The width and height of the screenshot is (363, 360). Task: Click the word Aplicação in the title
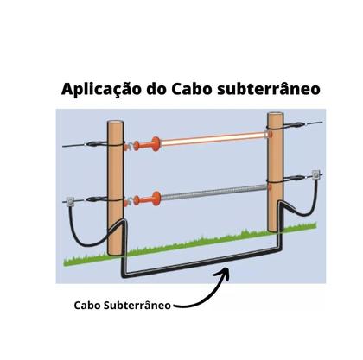[102, 89]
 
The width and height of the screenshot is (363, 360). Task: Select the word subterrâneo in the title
[269, 89]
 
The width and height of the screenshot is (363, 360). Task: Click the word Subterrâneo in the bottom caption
[137, 305]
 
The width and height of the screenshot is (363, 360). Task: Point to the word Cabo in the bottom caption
[87, 306]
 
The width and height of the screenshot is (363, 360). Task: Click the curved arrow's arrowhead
[223, 273]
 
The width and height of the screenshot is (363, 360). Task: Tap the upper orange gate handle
[148, 143]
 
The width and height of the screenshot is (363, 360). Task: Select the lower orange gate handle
[148, 199]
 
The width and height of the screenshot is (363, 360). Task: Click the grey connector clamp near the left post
[70, 202]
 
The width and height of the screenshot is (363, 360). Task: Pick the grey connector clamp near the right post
[316, 174]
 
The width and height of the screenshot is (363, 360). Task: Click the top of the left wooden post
[116, 123]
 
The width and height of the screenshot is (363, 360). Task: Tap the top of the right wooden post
[276, 115]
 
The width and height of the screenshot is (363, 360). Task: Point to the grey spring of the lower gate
[213, 192]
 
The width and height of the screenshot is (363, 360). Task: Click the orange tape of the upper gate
[213, 138]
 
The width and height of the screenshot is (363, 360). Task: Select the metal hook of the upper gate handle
[130, 147]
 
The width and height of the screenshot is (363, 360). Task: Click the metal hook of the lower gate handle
[130, 201]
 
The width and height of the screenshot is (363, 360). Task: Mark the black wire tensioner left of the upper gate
[94, 143]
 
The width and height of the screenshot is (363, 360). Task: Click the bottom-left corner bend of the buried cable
[124, 275]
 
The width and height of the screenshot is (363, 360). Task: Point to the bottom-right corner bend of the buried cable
[278, 249]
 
